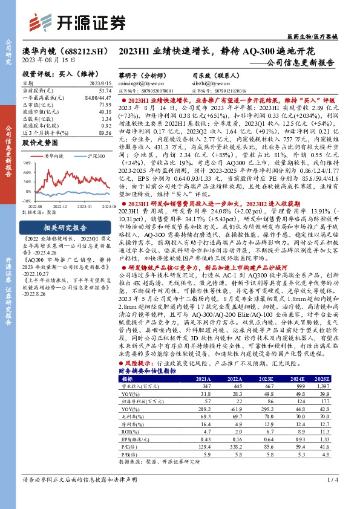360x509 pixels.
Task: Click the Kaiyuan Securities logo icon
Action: [48, 22]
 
